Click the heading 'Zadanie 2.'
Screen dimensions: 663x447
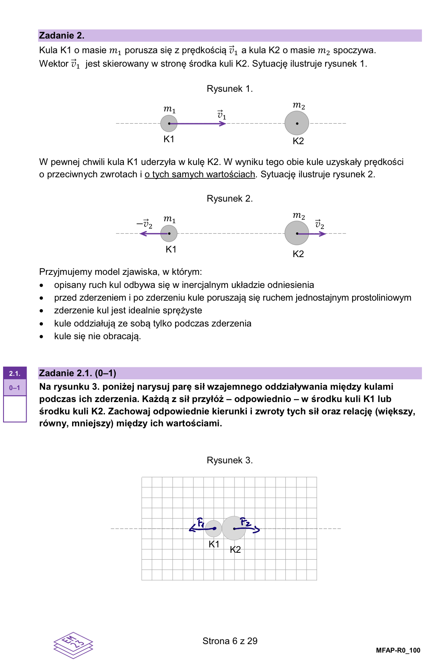point(62,35)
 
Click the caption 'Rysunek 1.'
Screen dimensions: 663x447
point(229,89)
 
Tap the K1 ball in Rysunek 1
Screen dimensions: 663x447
point(169,124)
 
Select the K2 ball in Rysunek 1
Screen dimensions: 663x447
point(297,123)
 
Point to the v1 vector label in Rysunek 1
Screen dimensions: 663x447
point(221,115)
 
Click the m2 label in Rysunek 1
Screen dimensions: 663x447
point(299,105)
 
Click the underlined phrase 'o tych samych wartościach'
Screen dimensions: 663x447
point(200,174)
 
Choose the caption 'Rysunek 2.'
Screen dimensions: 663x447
point(229,199)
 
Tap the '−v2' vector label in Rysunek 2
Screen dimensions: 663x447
point(145,224)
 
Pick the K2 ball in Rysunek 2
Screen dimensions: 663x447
point(296,233)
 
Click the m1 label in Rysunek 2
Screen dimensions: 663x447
point(170,219)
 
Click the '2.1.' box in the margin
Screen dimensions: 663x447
point(15,373)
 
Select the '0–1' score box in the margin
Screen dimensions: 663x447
point(15,388)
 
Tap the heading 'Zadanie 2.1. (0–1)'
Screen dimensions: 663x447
point(78,373)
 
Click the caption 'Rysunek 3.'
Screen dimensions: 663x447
point(229,460)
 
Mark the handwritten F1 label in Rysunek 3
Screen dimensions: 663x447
point(201,522)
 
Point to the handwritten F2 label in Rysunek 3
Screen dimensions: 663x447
point(246,522)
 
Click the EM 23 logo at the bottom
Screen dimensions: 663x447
point(73,644)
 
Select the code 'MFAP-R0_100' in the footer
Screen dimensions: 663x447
point(398,650)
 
